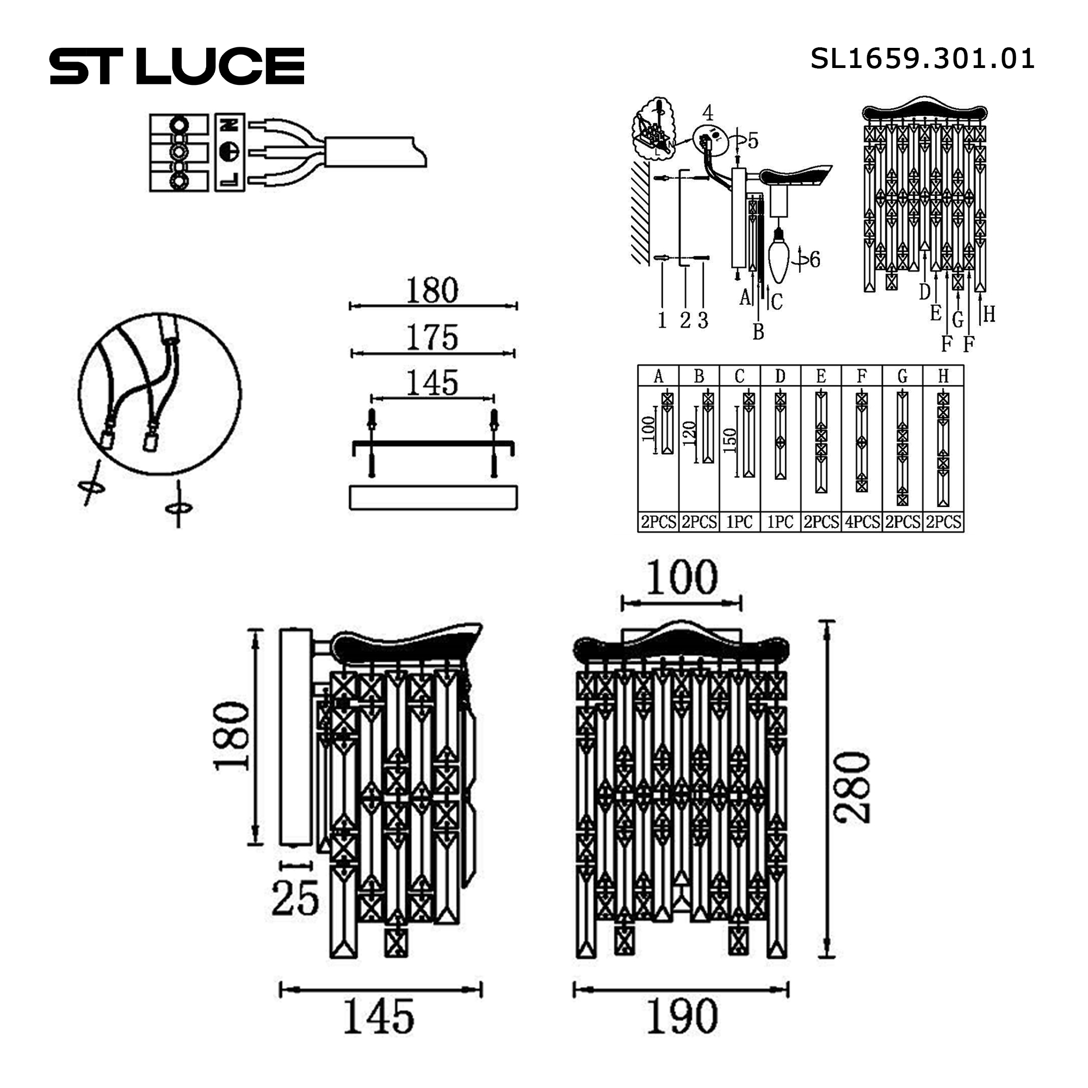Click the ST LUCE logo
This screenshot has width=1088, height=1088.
(177, 66)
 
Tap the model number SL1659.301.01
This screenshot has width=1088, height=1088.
(923, 59)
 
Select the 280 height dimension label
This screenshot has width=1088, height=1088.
(854, 788)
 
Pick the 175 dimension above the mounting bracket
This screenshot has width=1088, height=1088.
(432, 337)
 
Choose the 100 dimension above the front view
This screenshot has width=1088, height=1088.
(682, 578)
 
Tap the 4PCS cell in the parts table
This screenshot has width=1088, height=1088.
(862, 522)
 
